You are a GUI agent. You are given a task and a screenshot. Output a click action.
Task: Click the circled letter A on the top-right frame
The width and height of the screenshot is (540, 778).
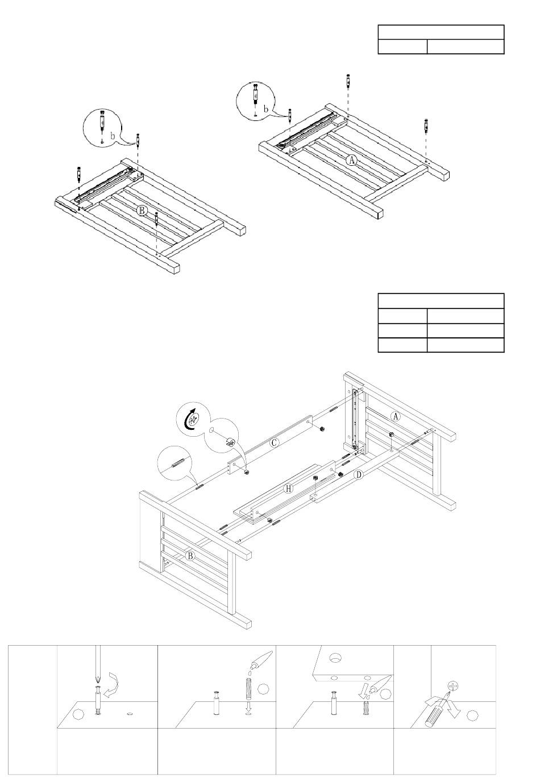352,161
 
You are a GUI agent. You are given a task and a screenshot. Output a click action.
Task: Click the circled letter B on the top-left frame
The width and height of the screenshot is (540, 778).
142,210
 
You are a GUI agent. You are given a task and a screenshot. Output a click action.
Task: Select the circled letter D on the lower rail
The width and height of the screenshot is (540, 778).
358,475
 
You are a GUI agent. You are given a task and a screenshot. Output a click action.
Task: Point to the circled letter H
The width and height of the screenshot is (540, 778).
289,488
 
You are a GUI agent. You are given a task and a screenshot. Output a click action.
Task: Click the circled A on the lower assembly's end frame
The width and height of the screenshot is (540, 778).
396,416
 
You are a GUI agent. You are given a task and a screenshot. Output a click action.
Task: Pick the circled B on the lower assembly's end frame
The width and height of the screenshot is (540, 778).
191,557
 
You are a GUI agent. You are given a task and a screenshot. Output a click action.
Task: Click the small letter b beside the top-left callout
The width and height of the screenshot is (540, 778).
113,137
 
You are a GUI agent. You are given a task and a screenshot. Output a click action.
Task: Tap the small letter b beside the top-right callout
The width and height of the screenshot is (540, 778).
265,108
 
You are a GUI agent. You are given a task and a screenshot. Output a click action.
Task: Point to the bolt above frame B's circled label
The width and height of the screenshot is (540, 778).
156,219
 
